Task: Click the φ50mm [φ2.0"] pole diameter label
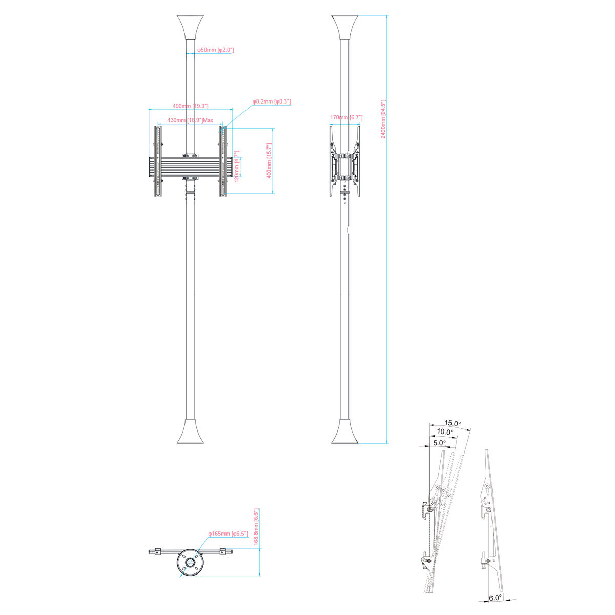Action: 215,50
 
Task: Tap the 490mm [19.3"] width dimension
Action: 191,106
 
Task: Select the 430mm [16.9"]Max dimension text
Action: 190,120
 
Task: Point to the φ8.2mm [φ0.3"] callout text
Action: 272,101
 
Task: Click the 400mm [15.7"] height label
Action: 269,160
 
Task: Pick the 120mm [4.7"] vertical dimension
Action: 237,166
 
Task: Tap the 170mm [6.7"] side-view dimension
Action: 346,117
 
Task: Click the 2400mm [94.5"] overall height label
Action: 383,119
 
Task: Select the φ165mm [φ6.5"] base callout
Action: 228,534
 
